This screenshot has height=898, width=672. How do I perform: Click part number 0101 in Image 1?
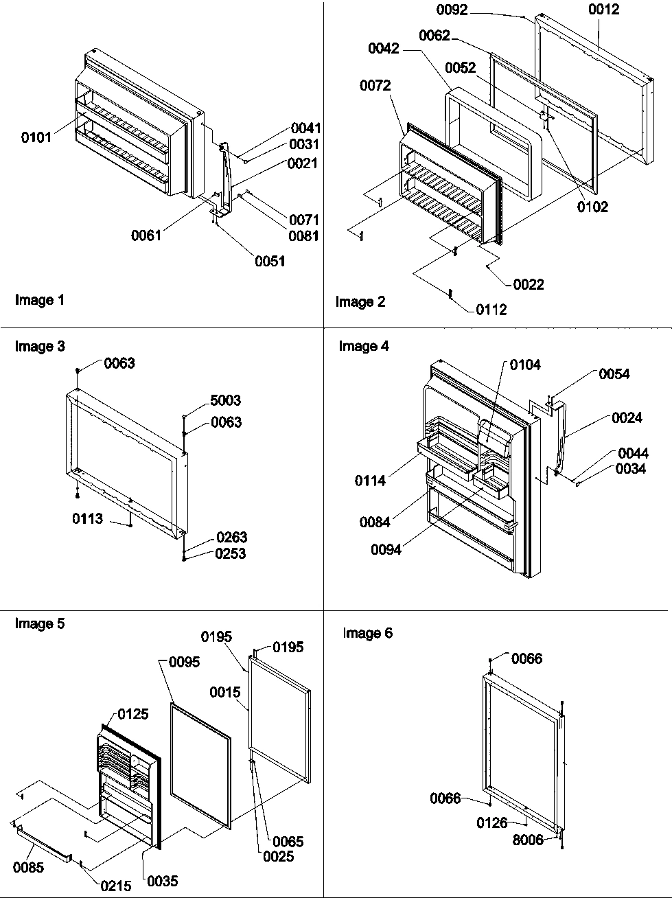tap(36, 137)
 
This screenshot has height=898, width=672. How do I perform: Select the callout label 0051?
tap(270, 261)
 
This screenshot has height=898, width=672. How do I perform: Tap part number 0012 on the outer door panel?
tap(603, 10)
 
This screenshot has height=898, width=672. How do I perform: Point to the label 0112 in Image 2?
tap(491, 310)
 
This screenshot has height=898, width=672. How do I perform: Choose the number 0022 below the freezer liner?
tap(528, 284)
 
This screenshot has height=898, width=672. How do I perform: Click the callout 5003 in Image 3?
tap(226, 400)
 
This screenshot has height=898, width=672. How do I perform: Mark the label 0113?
tap(88, 519)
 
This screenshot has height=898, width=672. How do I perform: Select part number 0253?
tap(231, 553)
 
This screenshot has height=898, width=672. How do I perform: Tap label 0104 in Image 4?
tap(525, 365)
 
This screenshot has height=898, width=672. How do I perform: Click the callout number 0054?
tap(614, 373)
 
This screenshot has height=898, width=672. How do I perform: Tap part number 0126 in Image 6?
tap(492, 822)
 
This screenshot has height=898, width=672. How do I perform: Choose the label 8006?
tap(527, 840)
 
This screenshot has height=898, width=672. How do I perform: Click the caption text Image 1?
tap(39, 300)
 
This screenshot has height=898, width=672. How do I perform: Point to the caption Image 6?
tap(367, 633)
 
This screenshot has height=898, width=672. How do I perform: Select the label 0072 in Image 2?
tap(375, 85)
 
